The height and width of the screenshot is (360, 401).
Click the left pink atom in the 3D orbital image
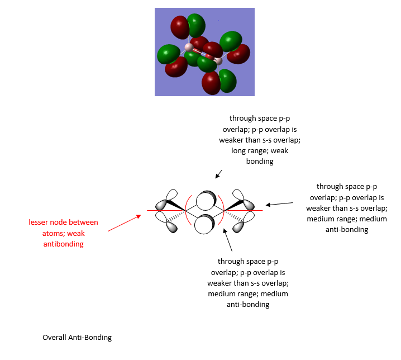tap(189, 47)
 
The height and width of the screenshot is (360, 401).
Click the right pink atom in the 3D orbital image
tap(218, 60)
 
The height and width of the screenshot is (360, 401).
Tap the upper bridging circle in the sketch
tap(205, 200)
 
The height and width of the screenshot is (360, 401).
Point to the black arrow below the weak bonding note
tap(218, 174)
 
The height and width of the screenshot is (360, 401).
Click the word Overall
tap(54, 338)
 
